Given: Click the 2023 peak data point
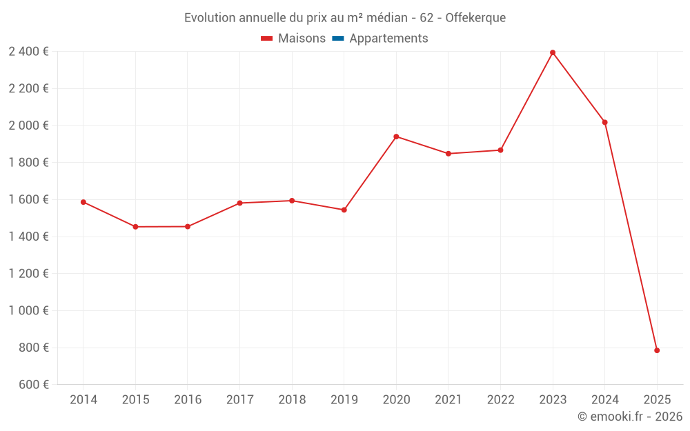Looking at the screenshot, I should (x=553, y=52).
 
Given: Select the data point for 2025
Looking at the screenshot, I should (x=657, y=350).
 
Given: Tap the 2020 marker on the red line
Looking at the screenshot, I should (x=396, y=137).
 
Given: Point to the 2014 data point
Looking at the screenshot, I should (x=83, y=202).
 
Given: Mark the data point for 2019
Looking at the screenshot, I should (x=344, y=210).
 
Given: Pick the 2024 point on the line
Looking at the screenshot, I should (x=605, y=122).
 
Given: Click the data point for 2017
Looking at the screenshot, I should (x=239, y=203).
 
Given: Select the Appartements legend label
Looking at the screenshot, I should (x=388, y=39).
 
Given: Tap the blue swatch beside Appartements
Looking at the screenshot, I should (x=338, y=39).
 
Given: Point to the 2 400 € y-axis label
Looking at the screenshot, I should (x=28, y=52).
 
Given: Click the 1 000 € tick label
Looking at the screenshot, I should (x=28, y=310).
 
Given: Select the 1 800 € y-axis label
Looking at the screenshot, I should (x=28, y=163).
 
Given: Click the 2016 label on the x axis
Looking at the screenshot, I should (x=188, y=400).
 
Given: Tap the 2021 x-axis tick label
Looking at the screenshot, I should (x=448, y=400).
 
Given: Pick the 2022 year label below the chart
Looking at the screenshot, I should (x=500, y=400).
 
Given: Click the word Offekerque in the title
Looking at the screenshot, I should (x=475, y=18).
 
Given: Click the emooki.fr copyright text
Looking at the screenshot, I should (x=630, y=417).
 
